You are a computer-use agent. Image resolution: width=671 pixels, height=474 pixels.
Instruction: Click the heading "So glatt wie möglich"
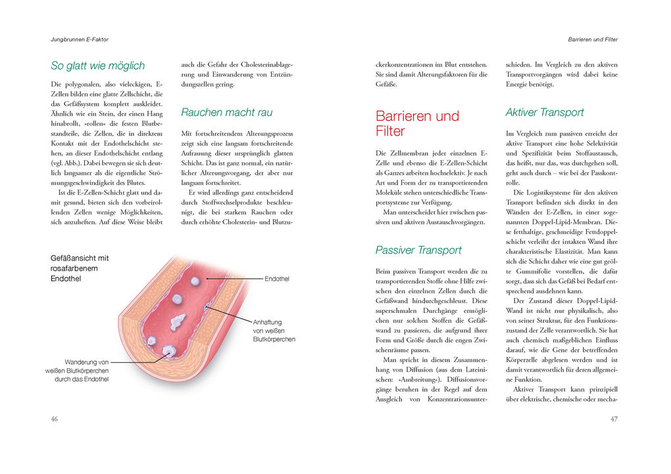[x=97, y=66]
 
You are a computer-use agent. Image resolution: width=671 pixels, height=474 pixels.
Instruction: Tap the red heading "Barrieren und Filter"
[x=417, y=124]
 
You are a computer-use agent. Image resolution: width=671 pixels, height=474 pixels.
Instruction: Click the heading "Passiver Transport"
[x=418, y=250]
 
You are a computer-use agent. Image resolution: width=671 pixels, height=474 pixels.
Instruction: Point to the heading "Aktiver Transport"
[x=544, y=112]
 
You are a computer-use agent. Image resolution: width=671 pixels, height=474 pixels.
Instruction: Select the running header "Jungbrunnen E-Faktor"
[x=80, y=39]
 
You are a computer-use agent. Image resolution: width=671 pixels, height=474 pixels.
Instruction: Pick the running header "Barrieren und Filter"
[x=593, y=39]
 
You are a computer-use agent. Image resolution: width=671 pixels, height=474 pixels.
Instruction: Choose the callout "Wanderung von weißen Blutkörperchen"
[x=78, y=371]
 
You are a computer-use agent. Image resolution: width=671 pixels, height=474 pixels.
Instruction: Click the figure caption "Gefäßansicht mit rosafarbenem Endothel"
[x=80, y=268]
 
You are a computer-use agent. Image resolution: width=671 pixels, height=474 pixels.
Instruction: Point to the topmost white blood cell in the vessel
[x=195, y=281]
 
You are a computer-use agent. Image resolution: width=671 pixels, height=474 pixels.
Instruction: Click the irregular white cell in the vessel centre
[x=178, y=321]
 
